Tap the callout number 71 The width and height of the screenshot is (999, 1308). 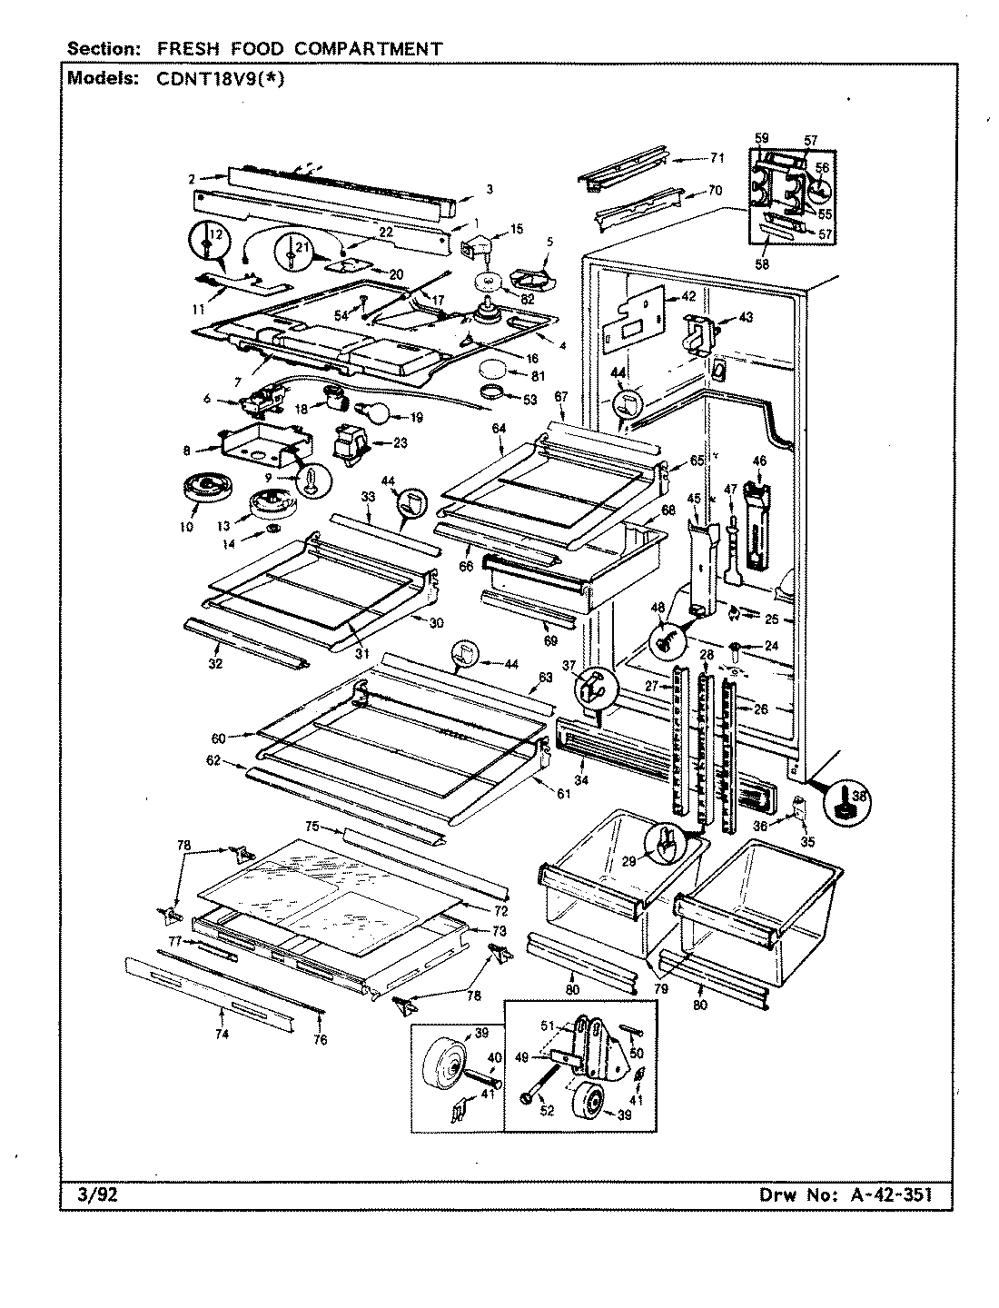[x=717, y=158]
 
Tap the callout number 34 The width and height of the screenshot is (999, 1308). [x=581, y=780]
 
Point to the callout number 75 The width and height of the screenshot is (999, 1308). [x=312, y=827]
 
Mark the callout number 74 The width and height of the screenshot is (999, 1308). [x=223, y=1034]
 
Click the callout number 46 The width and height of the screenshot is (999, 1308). [x=760, y=461]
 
